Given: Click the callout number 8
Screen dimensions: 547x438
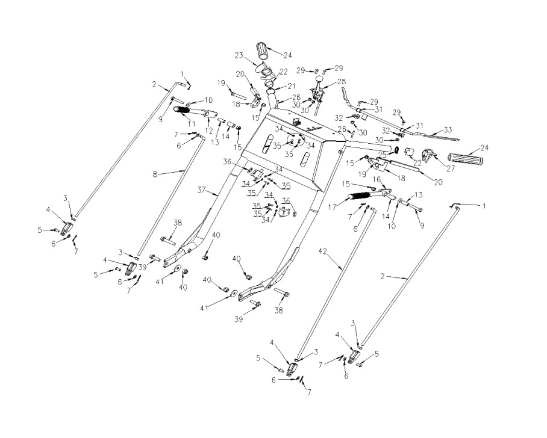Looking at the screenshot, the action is click(155, 174).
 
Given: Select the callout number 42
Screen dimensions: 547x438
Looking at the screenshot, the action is click(323, 251).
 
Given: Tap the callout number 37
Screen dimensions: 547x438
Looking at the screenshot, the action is click(202, 190).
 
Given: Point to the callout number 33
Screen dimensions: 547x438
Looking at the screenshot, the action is click(448, 130).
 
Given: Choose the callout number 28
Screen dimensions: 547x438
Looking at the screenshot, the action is click(342, 82).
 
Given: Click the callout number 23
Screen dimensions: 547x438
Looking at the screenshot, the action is click(239, 56).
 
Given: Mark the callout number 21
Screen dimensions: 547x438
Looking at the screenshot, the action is click(291, 85).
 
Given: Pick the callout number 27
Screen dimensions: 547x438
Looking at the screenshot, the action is click(451, 168).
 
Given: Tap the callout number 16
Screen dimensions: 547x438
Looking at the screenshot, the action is click(377, 179).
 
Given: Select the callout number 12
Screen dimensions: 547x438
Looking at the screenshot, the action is click(208, 131).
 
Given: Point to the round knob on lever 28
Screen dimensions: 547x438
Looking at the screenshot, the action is click(319, 79).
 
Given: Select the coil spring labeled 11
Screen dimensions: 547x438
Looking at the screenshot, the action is click(183, 110).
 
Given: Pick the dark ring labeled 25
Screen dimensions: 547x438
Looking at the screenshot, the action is click(398, 150).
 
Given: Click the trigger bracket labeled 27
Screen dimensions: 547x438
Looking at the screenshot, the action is click(429, 156).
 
